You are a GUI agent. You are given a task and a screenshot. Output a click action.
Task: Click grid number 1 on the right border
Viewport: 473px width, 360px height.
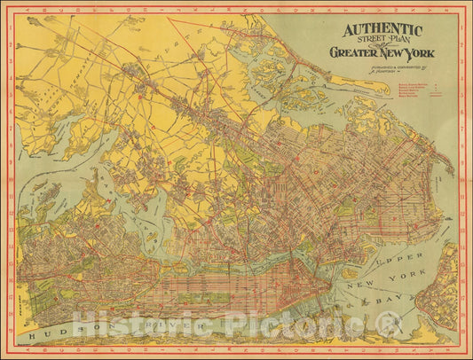(x=464, y=24)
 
